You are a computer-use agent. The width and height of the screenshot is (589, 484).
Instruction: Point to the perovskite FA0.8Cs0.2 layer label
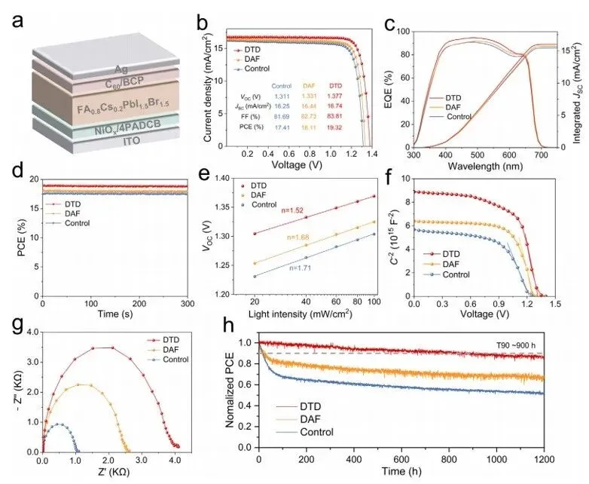(x=110, y=109)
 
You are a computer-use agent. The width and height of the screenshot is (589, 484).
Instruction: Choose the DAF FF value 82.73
(x=310, y=118)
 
